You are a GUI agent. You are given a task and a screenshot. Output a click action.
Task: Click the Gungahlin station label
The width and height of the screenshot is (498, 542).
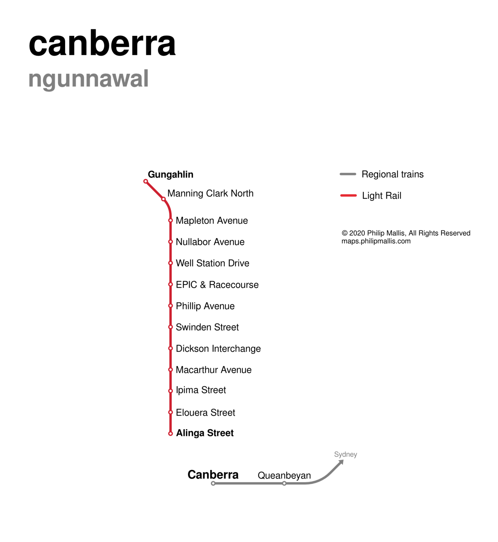click(x=171, y=175)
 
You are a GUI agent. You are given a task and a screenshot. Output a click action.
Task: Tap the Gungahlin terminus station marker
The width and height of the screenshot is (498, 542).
click(x=146, y=181)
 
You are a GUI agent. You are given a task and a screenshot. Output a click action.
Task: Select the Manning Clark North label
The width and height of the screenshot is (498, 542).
click(x=210, y=193)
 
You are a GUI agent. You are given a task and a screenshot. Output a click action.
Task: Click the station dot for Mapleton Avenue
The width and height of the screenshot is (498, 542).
click(x=170, y=221)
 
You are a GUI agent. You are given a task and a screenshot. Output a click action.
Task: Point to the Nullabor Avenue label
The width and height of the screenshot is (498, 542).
click(x=210, y=242)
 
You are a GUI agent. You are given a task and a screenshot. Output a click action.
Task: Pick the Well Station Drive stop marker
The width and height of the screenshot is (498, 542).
click(x=170, y=263)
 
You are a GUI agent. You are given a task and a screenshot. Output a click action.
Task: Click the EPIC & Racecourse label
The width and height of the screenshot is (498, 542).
click(x=217, y=285)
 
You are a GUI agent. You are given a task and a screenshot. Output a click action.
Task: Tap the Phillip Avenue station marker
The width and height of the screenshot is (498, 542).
click(x=170, y=306)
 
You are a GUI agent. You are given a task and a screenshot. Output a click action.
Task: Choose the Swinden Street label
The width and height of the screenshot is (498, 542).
click(x=207, y=327)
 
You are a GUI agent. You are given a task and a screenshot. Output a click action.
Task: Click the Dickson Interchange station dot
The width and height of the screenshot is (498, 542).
click(x=170, y=349)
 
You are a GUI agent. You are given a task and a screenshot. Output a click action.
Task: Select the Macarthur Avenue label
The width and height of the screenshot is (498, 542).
click(x=214, y=370)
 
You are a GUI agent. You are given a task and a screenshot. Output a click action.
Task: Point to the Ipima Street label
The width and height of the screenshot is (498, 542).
click(x=201, y=390)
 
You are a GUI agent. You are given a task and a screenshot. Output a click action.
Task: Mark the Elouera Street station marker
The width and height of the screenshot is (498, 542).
click(x=170, y=413)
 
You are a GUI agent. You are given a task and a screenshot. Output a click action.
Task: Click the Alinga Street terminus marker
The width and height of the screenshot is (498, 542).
click(x=170, y=434)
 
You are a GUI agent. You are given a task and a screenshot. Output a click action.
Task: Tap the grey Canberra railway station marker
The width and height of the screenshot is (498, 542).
click(x=213, y=484)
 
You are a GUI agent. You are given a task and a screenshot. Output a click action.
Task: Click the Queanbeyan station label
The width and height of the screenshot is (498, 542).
click(x=284, y=476)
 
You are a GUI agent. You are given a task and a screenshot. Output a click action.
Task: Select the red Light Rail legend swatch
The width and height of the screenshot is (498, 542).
click(x=348, y=196)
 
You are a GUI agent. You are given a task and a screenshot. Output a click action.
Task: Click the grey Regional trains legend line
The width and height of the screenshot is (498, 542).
click(x=348, y=174)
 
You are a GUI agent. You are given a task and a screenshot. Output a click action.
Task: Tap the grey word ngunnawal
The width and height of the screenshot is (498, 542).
click(x=88, y=79)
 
